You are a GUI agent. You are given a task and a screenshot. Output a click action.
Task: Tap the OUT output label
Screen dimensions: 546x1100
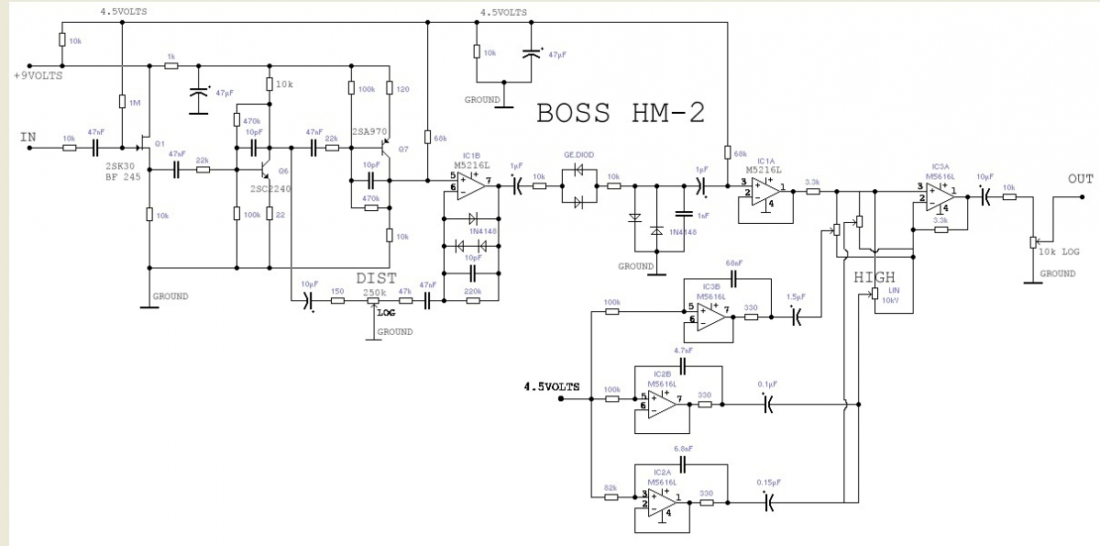(1081, 178)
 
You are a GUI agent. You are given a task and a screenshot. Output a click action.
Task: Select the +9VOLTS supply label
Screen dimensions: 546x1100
(38, 76)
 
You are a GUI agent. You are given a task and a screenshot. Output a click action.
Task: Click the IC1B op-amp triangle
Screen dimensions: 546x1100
(471, 185)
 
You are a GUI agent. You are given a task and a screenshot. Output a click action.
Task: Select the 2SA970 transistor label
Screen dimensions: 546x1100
(368, 129)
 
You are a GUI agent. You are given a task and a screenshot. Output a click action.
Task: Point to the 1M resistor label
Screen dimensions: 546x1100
(135, 103)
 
